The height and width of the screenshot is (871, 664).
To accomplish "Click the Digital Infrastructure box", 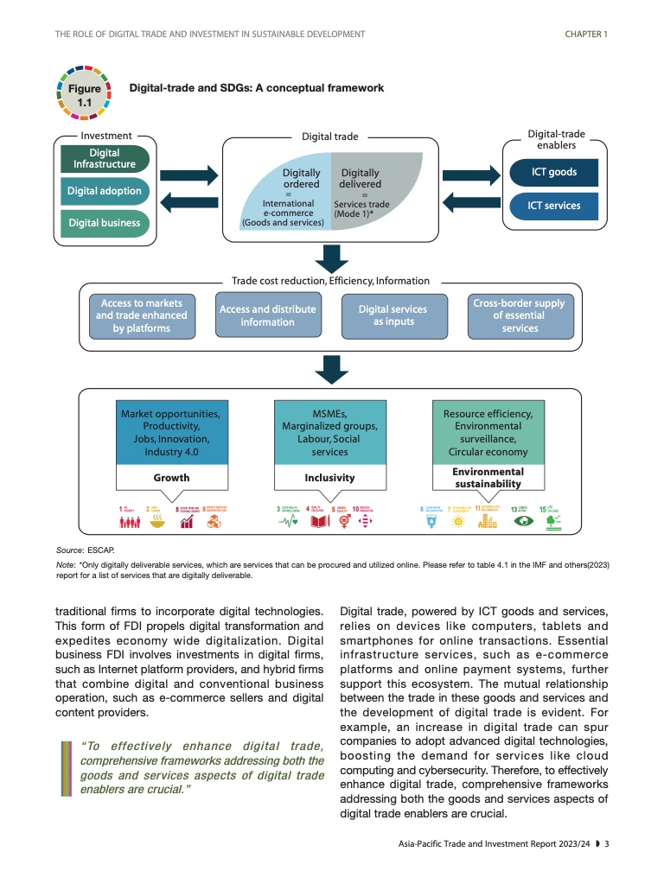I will (104, 159).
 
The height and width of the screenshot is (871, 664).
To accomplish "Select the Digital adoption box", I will (104, 191).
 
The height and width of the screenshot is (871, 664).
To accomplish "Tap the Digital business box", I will (104, 223).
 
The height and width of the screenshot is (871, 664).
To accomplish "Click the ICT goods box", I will (554, 172).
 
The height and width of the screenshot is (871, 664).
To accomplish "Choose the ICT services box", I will (554, 206).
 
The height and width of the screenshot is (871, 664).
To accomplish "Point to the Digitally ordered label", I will (301, 178).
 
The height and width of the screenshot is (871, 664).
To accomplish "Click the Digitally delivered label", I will (360, 178).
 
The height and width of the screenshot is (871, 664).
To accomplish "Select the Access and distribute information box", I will (267, 315).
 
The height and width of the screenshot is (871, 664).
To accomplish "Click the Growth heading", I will (171, 477).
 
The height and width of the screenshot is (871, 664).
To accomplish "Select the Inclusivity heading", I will (329, 477).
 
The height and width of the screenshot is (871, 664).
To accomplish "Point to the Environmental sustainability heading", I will (488, 478).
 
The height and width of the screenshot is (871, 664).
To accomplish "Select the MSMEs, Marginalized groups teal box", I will (329, 433).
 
